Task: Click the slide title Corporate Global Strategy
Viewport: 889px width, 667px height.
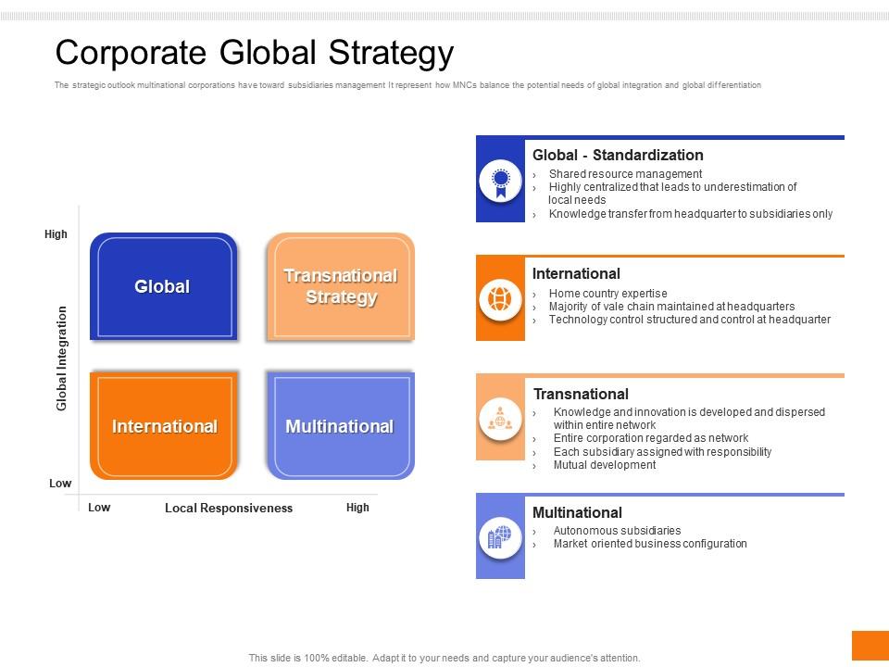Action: (255, 53)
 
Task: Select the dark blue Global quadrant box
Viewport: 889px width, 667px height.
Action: (163, 286)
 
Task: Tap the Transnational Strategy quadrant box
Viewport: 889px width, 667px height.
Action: (341, 286)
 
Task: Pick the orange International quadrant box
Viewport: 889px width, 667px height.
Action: (164, 426)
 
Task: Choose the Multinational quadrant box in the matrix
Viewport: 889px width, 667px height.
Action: (340, 426)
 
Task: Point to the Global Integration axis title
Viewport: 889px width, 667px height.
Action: (62, 358)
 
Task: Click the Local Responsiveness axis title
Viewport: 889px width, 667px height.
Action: (229, 508)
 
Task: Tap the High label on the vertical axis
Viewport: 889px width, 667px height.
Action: (56, 234)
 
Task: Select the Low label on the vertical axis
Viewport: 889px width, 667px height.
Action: (59, 484)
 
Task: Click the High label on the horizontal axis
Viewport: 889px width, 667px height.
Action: (357, 508)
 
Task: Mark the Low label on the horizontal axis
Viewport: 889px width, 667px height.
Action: (99, 508)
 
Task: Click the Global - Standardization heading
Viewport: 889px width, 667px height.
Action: (618, 155)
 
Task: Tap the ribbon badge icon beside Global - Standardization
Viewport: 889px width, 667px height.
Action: (500, 180)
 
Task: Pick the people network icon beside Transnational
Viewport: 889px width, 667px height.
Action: (500, 419)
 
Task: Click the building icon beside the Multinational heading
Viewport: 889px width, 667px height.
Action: (500, 537)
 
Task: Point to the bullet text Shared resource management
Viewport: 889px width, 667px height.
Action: (625, 174)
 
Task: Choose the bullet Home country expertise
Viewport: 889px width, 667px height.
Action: (607, 294)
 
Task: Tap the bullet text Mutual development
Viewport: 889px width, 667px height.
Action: (604, 465)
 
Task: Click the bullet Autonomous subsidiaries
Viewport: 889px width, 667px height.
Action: (617, 531)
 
